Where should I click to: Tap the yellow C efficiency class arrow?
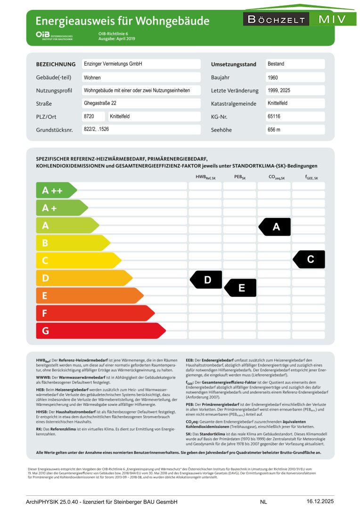click(x=78, y=261)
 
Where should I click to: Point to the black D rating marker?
click(x=206, y=280)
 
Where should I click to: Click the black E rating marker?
click(x=241, y=288)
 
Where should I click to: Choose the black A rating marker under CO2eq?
click(x=275, y=227)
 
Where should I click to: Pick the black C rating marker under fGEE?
click(x=310, y=259)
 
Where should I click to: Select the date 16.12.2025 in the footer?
click(x=320, y=501)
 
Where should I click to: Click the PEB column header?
click(x=240, y=178)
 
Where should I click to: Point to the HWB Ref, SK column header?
click(x=205, y=178)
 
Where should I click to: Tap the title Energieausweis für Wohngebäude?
click(x=123, y=21)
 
